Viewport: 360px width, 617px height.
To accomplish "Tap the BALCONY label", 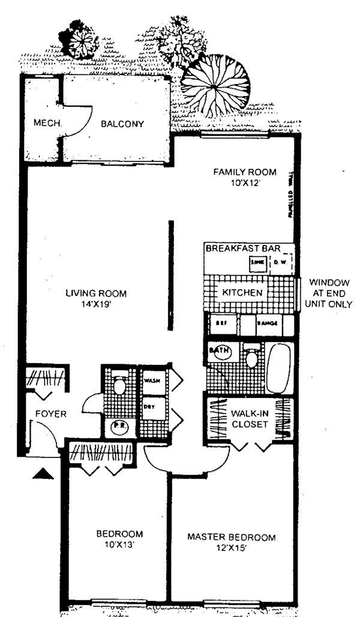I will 122,124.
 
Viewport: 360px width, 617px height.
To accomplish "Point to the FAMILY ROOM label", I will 245,172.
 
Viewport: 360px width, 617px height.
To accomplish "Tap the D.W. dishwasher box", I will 280,262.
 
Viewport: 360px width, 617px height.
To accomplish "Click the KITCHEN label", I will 242,293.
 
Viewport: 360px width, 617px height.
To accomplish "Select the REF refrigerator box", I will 221,323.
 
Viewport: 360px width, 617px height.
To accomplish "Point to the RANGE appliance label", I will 267,323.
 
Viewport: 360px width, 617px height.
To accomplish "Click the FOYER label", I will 50,414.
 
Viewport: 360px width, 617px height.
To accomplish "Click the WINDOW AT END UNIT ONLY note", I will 329,293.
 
